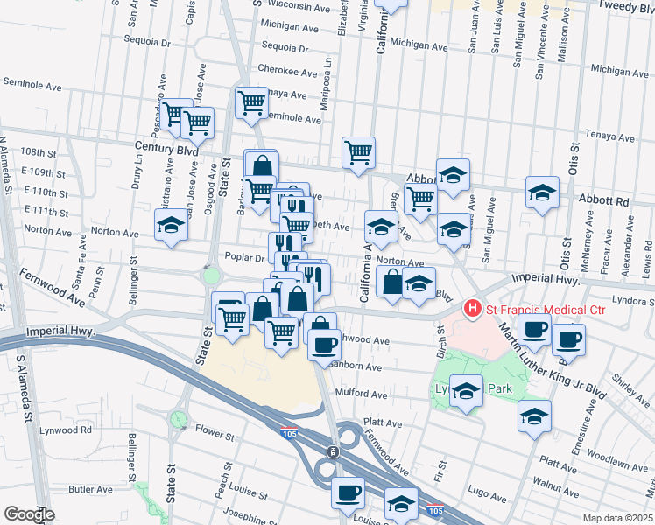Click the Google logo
[28, 514]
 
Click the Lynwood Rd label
[70, 430]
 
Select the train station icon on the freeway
[333, 451]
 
